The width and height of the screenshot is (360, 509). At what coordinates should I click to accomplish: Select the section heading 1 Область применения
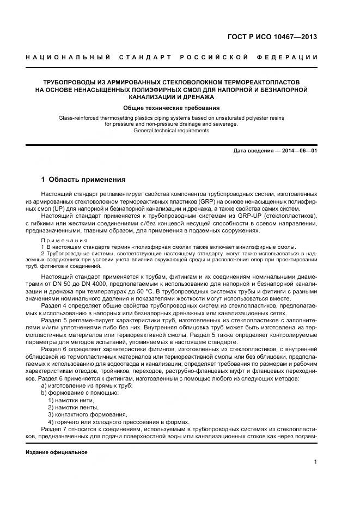[84, 179]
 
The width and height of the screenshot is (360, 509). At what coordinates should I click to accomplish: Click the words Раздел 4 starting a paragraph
[52, 308]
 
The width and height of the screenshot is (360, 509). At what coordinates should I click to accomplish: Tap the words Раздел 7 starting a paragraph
[52, 429]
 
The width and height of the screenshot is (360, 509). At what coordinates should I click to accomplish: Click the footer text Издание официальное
[57, 452]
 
